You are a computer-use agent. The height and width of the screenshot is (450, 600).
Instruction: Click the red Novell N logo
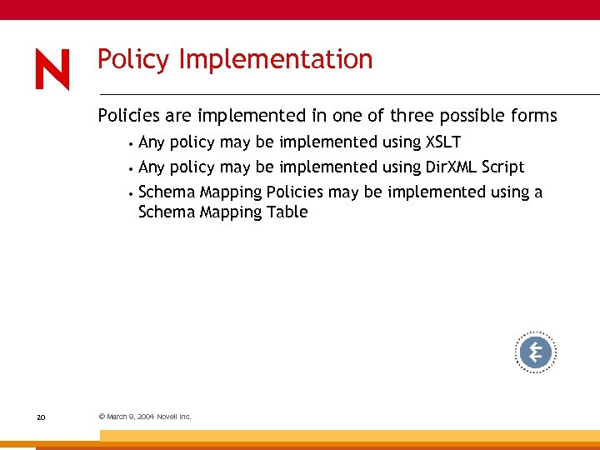(52, 69)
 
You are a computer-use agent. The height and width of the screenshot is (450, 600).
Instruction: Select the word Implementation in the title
(275, 60)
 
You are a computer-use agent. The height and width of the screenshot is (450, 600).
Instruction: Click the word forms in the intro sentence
(533, 115)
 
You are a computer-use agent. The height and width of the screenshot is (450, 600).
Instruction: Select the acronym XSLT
(442, 142)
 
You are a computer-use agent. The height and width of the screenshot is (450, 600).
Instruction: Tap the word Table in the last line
(287, 212)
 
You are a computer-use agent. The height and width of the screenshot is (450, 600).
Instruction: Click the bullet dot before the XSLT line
(132, 143)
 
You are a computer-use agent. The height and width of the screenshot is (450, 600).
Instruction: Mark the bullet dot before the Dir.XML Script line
(132, 167)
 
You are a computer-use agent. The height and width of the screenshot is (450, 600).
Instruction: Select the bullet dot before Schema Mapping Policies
(132, 192)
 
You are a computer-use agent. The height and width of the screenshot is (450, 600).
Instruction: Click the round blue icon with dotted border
(535, 352)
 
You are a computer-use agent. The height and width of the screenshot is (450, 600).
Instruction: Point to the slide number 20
(41, 417)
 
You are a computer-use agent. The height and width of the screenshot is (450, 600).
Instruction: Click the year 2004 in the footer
(145, 417)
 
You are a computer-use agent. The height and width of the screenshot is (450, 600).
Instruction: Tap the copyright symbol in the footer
(101, 417)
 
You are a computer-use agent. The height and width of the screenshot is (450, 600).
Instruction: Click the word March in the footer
(117, 417)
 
